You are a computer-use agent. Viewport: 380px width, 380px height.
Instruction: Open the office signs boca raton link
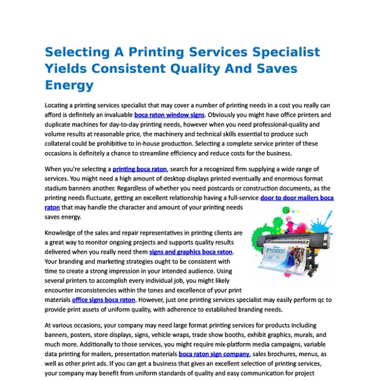pyautogui.click(x=103, y=300)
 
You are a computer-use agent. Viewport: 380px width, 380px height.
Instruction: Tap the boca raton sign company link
pyautogui.click(x=214, y=354)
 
